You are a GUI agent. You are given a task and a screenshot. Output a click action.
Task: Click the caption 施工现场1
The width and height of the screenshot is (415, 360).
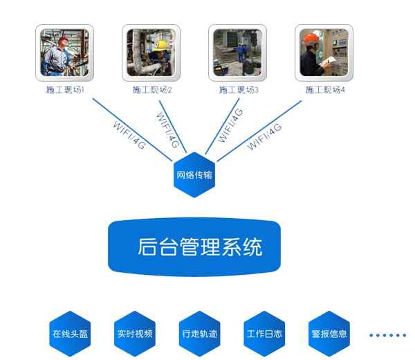[65, 90]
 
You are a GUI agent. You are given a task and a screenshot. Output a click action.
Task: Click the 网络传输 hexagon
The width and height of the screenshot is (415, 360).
[194, 175]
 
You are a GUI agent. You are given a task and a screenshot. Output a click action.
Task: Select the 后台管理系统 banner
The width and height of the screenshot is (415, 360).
[194, 247]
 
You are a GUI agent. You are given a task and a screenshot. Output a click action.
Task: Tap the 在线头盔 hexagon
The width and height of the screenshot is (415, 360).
[71, 334]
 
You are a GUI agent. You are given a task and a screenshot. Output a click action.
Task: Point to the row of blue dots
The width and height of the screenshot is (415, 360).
[387, 335]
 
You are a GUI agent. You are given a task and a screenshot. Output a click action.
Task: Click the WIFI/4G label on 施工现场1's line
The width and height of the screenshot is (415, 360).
[129, 134]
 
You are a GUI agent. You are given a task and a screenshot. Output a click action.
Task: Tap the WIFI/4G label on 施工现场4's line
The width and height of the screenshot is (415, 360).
[265, 135]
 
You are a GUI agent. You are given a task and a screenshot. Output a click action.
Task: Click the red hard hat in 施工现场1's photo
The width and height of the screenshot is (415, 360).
[63, 39]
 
